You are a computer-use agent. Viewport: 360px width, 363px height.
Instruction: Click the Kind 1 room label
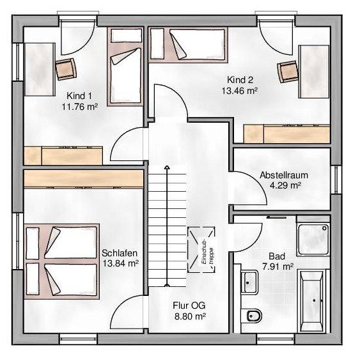[79, 96]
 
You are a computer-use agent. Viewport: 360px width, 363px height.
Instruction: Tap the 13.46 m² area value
[240, 91]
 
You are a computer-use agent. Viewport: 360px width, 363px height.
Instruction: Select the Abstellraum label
[284, 175]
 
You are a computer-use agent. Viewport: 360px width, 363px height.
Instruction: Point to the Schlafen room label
[120, 253]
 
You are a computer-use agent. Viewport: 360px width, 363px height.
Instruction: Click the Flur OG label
[189, 305]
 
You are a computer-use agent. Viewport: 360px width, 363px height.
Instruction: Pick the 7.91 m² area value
[278, 266]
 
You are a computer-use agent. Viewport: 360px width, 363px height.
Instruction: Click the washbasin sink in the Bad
[249, 282]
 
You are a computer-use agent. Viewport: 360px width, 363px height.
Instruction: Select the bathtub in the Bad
[311, 300]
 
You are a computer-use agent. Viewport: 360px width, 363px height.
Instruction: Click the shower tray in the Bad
[313, 240]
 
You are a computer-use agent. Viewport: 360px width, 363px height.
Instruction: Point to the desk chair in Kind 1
[66, 69]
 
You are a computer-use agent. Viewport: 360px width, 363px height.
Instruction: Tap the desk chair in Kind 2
[288, 72]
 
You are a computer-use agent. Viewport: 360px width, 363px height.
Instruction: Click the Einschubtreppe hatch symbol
[201, 249]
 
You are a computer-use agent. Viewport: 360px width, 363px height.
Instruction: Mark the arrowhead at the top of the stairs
[167, 167]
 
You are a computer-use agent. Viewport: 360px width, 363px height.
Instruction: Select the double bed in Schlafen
[62, 261]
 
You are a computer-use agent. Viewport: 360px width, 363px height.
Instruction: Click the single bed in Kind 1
[125, 66]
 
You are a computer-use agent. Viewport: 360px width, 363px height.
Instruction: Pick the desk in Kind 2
[314, 72]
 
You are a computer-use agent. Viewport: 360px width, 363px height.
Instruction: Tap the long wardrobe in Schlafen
[83, 179]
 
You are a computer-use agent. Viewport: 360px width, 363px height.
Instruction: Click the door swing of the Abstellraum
[247, 188]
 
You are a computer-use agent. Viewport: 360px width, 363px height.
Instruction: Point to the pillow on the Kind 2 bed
[157, 43]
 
